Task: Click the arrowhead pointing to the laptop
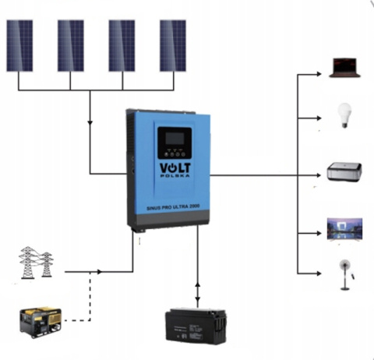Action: [x=319, y=76]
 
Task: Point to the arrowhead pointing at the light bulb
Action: [x=319, y=119]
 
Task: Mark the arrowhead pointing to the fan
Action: [x=319, y=272]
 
